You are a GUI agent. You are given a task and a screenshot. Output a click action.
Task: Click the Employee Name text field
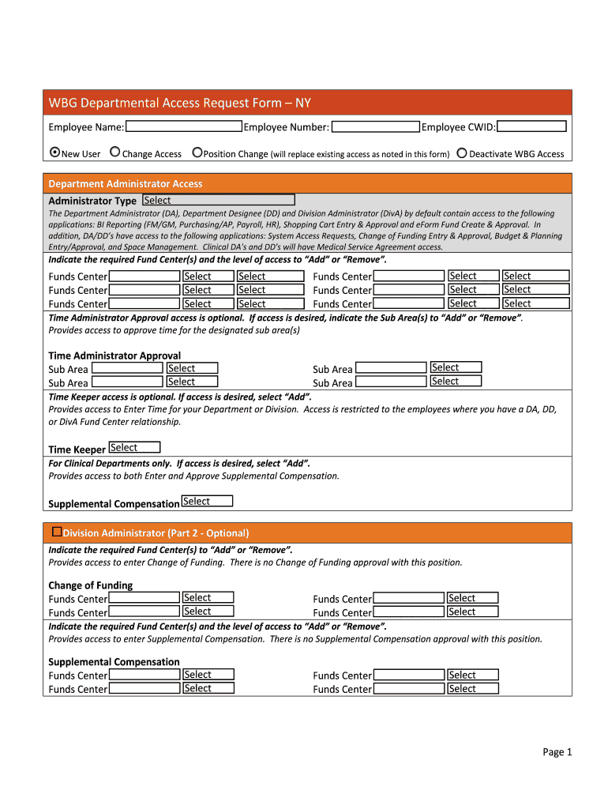(184, 126)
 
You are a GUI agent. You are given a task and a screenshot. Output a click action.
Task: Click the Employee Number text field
(375, 126)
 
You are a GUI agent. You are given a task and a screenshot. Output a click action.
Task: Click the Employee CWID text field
(531, 126)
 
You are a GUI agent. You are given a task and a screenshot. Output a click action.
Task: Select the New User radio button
(54, 152)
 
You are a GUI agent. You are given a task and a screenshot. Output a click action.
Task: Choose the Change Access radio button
(115, 152)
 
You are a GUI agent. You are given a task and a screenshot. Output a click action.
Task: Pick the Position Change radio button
(197, 152)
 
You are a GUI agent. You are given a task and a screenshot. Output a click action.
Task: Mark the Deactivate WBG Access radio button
(462, 152)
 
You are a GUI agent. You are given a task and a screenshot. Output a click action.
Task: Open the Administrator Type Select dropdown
(218, 201)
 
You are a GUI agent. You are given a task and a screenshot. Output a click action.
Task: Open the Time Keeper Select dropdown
(134, 448)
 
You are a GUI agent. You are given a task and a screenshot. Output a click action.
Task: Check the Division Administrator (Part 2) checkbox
(57, 532)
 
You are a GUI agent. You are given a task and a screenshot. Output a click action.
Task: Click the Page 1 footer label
(557, 751)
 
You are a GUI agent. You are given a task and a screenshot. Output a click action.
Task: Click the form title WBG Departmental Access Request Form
(179, 103)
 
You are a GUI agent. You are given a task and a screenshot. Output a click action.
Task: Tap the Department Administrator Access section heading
(126, 183)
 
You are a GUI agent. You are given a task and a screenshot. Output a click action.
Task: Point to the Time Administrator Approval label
(114, 356)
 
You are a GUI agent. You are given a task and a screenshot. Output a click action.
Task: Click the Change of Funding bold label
(90, 585)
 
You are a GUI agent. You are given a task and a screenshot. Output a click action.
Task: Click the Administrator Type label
(92, 201)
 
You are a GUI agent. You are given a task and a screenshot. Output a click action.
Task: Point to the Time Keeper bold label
(77, 450)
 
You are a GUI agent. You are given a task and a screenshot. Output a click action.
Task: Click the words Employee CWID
(458, 127)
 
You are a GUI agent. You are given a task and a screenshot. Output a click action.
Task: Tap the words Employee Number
(287, 127)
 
